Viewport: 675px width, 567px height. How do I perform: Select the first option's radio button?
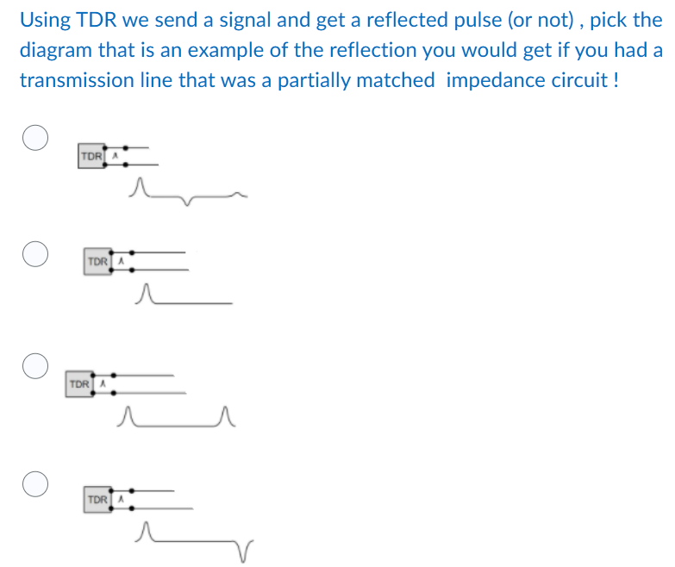click(x=34, y=139)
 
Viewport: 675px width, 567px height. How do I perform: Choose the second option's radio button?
click(x=34, y=255)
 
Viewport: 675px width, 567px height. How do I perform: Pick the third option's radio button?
click(x=34, y=366)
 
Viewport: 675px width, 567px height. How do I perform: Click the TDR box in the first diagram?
click(x=90, y=157)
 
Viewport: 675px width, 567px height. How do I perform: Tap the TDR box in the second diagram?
click(x=97, y=260)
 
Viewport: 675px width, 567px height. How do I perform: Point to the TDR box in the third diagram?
click(x=78, y=383)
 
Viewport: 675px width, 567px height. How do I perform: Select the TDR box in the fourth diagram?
click(x=97, y=499)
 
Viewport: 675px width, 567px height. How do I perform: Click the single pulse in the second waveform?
click(x=147, y=294)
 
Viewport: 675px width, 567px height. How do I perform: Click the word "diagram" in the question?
click(x=55, y=50)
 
